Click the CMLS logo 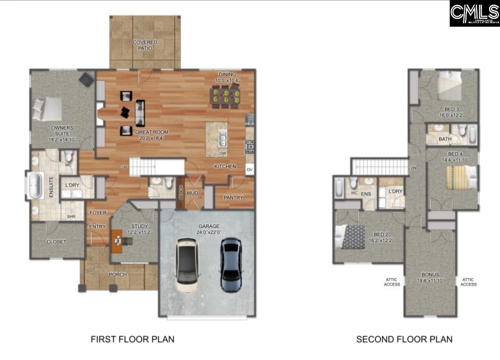[474, 13]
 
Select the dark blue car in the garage [231, 264]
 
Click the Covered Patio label [145, 45]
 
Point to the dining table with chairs [225, 96]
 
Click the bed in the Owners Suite [48, 109]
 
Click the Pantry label [233, 198]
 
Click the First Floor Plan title [132, 339]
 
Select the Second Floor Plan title [404, 339]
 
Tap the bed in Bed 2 [351, 237]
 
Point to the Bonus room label [430, 274]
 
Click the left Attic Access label [392, 282]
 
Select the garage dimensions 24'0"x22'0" [208, 232]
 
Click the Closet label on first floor [56, 242]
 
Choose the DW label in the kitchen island [223, 153]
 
